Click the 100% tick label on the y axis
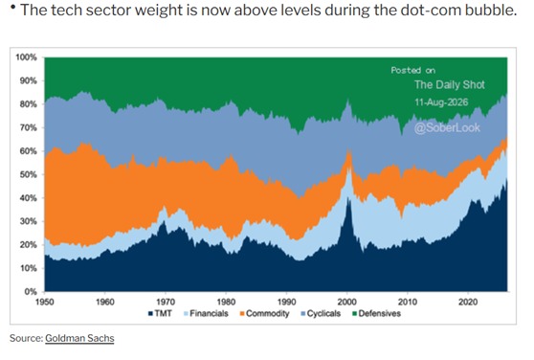[26, 57]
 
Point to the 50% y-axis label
[28, 174]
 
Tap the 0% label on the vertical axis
[31, 291]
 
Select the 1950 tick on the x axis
[45, 302]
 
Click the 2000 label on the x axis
[347, 302]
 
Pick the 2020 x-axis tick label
[468, 302]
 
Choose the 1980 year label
[226, 302]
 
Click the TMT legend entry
[160, 313]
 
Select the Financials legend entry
[206, 313]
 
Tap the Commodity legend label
[265, 314]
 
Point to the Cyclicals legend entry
[321, 314]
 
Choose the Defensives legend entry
[377, 313]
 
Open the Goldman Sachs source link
[79, 338]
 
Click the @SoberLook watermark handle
[447, 127]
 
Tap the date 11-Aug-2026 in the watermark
[441, 102]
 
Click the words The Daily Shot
[450, 85]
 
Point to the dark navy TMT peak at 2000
[347, 197]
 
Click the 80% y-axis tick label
[28, 104]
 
